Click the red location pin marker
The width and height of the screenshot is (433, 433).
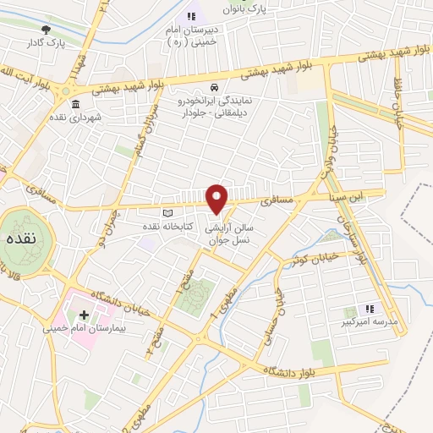(218, 198)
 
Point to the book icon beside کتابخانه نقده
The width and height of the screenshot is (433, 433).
(167, 212)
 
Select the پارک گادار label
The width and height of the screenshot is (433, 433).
(46, 41)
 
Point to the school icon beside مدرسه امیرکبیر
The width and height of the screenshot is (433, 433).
(369, 309)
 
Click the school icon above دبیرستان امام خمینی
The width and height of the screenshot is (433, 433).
(190, 15)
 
